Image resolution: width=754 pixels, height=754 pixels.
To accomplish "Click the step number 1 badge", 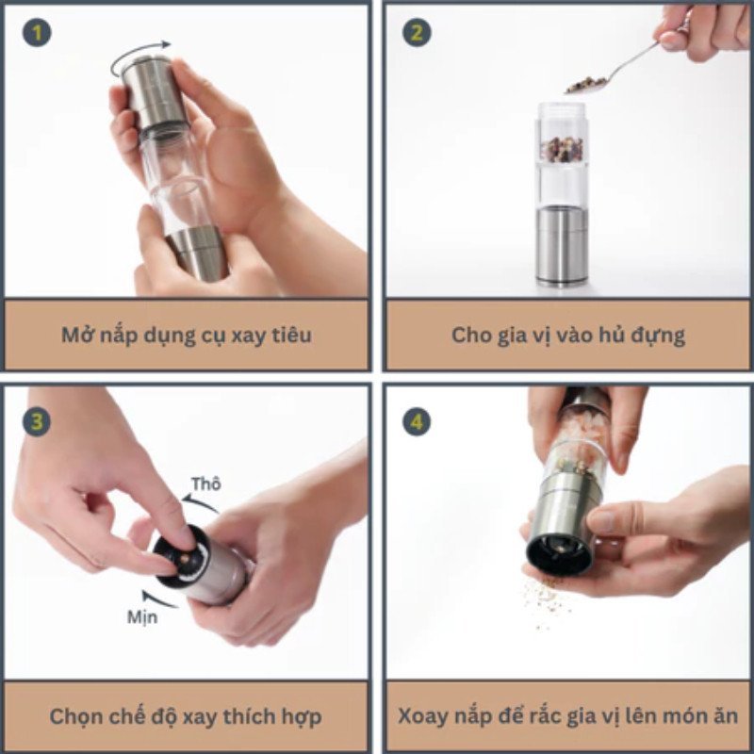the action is coord(37,33).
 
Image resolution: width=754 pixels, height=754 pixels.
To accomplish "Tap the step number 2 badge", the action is coord(417,33).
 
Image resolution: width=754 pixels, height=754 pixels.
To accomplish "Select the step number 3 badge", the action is coord(37,422).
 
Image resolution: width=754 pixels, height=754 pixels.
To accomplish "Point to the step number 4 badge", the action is coord(417,422).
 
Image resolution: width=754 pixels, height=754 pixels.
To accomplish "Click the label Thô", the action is coord(206,484).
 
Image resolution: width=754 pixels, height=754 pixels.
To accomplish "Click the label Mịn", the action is coord(142,617).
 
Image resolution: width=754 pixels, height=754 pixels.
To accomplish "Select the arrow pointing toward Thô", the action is coord(201,505).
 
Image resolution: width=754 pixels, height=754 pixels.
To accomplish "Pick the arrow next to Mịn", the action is coord(158,598).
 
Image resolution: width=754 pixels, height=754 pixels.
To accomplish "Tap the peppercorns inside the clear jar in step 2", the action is coord(562,149).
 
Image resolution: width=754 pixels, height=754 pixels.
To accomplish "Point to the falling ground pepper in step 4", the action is coord(546,602).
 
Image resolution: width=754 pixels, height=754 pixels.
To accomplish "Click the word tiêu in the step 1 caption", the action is coord(292,336).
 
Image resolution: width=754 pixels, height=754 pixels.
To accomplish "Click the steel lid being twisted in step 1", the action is coord(154,92).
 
